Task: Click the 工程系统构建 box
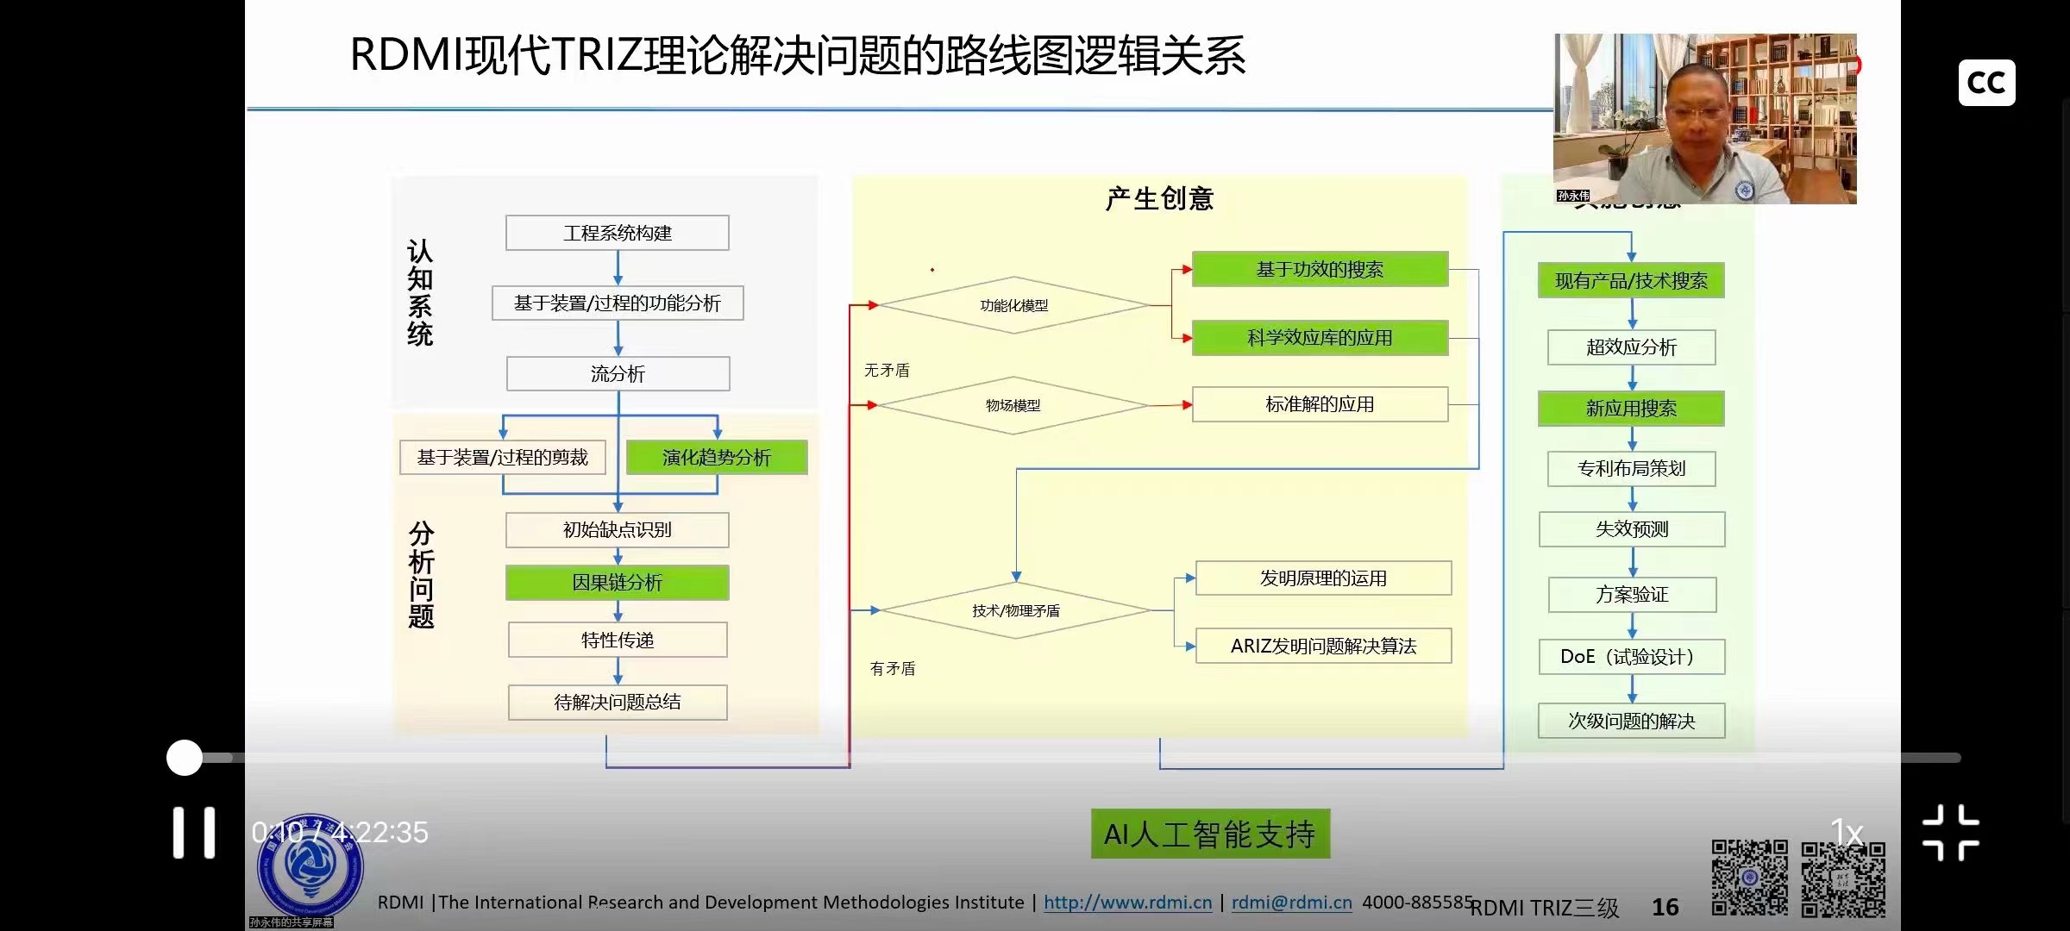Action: pos(617,233)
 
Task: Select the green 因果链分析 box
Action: pos(617,583)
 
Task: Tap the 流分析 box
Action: pos(618,374)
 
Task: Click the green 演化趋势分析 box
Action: pos(716,457)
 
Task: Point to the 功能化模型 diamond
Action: pos(1013,305)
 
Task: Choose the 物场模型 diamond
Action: pos(1013,405)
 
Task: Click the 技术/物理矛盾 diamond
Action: pos(1015,610)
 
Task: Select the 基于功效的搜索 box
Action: pos(1319,269)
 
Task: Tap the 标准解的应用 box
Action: pos(1319,404)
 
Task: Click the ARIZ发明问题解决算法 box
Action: pos(1322,646)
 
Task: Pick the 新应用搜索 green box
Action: pos(1630,409)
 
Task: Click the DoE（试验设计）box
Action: pos(1630,657)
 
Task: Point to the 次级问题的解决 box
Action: pos(1630,721)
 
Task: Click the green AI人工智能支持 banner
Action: pos(1209,834)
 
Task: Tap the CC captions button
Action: pos(1986,83)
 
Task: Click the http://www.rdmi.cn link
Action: pos(1127,903)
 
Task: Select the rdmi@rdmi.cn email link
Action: pos(1291,903)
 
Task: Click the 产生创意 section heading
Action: pos(1159,198)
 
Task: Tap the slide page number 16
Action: pos(1665,907)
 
